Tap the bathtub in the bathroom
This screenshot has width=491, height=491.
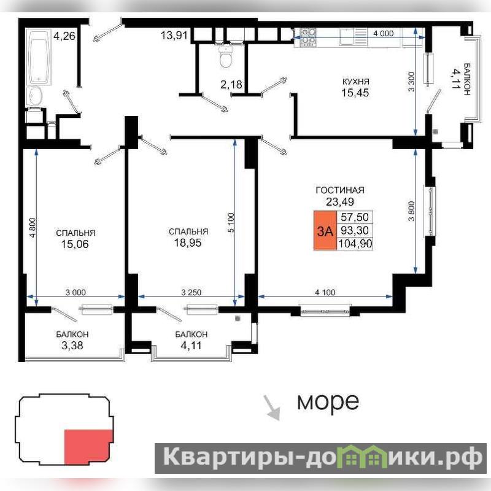(39, 56)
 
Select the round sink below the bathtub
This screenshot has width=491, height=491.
(35, 96)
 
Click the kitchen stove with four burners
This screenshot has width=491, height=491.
(308, 37)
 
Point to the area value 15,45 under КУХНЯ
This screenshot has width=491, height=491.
(355, 93)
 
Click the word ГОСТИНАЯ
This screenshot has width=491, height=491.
(340, 190)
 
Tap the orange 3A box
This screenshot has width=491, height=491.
(325, 231)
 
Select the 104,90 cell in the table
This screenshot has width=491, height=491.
(355, 243)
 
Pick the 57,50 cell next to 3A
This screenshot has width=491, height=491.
(355, 217)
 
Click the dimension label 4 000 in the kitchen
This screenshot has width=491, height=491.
(383, 33)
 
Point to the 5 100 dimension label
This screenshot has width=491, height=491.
(231, 222)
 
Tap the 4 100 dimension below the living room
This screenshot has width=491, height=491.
(325, 292)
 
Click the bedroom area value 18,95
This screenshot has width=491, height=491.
(188, 242)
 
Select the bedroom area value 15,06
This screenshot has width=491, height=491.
(75, 244)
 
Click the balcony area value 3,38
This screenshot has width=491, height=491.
(72, 345)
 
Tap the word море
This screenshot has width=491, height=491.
(328, 401)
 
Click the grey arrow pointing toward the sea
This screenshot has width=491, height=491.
(271, 408)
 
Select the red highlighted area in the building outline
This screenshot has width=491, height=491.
(88, 447)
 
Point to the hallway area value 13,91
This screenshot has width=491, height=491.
(174, 35)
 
